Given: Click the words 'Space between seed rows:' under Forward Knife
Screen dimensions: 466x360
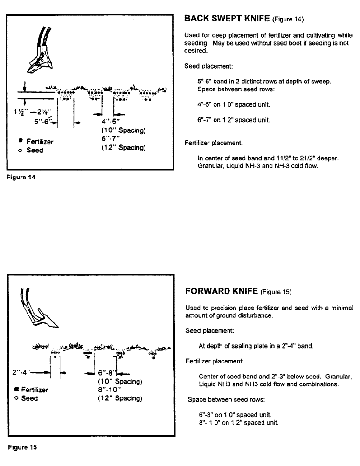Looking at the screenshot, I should tap(221, 399).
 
